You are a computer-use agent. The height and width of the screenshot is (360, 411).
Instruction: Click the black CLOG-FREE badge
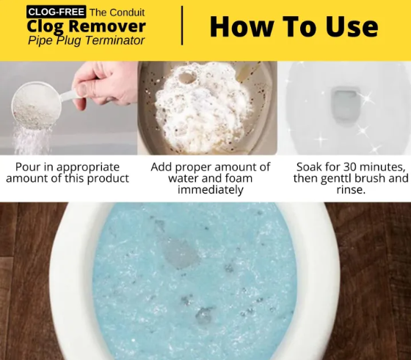[56, 12]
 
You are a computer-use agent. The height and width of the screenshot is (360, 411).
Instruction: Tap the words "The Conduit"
[117, 12]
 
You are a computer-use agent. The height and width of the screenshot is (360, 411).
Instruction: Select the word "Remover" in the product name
[107, 26]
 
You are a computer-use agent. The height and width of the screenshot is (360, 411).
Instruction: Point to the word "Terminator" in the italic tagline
[114, 40]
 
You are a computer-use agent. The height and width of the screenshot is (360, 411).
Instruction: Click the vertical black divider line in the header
[182, 26]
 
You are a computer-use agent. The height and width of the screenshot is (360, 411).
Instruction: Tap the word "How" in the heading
[241, 26]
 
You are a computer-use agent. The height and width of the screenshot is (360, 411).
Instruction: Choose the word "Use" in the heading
[352, 26]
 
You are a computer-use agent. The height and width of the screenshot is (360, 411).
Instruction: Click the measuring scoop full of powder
[37, 106]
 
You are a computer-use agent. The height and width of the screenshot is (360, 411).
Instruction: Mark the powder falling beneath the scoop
[31, 141]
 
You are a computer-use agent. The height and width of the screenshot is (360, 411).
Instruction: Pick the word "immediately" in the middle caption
[211, 190]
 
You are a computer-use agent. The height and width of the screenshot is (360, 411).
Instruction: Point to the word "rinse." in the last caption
[351, 190]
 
